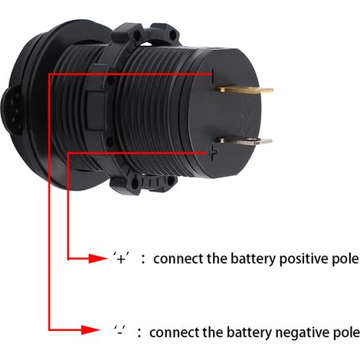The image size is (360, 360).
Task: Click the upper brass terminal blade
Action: point(244,90)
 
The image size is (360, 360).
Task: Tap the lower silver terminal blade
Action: point(244,140)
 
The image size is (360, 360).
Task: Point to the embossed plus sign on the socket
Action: point(212,153)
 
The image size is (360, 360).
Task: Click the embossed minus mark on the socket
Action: point(214,77)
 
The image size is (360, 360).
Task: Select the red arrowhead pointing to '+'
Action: point(98,259)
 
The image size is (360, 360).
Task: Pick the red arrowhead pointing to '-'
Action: point(90,330)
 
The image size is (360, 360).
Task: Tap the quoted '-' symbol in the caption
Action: point(120,332)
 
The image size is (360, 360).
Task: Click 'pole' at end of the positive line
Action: point(346,260)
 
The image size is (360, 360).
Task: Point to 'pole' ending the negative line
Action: point(345,333)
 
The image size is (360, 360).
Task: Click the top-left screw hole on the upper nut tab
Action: point(138,34)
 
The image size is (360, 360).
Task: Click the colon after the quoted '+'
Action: point(143,260)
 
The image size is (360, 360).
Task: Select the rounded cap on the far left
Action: point(10,113)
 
